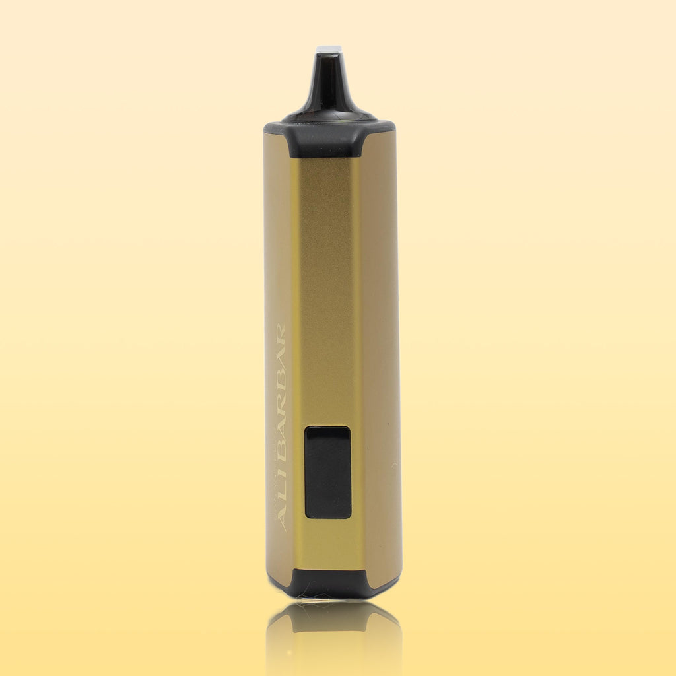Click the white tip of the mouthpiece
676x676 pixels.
click(328, 49)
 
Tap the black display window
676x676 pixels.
click(327, 472)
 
